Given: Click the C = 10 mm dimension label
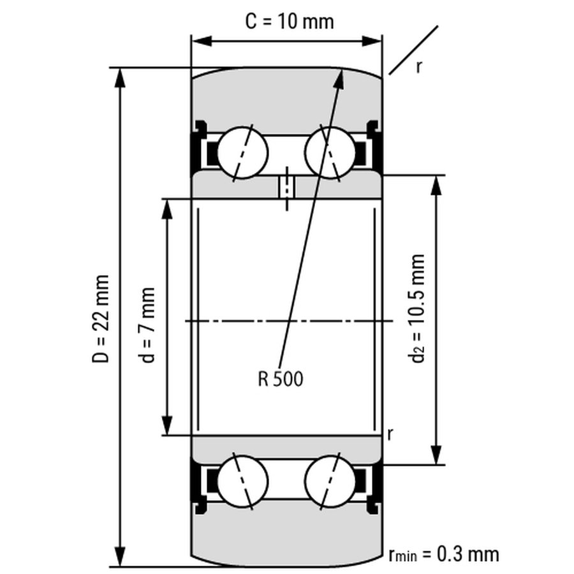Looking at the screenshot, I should click(290, 21).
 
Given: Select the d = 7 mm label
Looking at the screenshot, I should click(149, 324).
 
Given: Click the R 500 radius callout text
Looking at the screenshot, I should click(281, 379).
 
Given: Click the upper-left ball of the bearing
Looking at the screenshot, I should click(242, 152).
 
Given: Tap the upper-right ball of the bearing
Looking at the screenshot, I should click(330, 152).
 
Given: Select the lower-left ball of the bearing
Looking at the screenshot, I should click(242, 480).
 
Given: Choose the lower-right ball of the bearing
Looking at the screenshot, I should click(330, 480).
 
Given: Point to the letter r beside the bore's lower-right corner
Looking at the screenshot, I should click(390, 434).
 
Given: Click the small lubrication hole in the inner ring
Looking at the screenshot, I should click(286, 188).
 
